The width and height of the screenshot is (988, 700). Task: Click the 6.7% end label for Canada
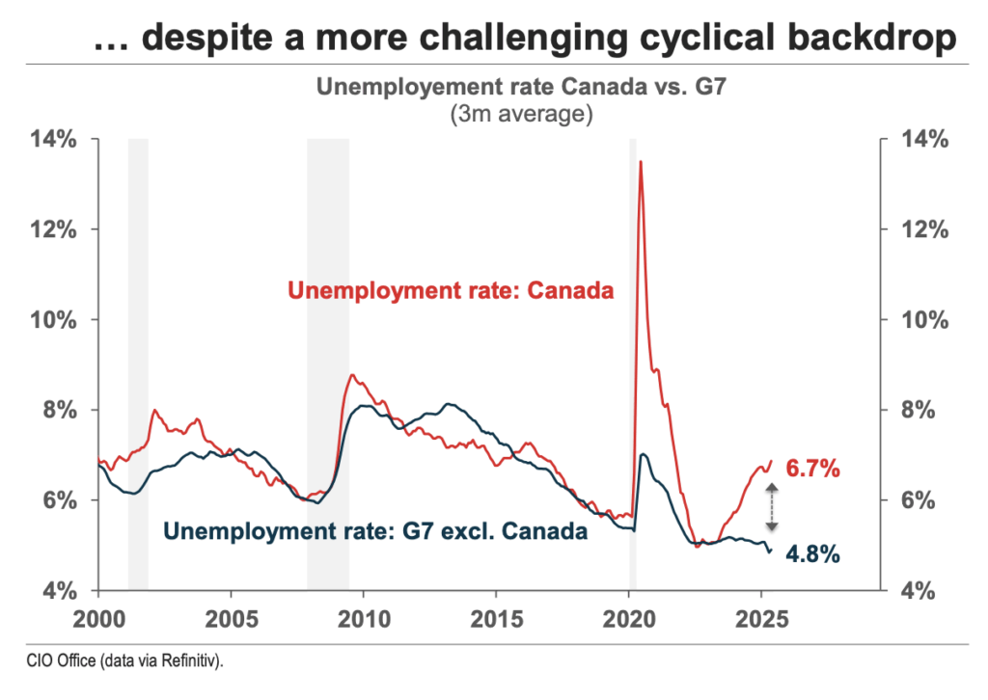click(813, 471)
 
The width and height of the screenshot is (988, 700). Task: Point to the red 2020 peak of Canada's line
click(641, 162)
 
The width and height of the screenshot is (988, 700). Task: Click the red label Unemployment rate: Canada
click(452, 290)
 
